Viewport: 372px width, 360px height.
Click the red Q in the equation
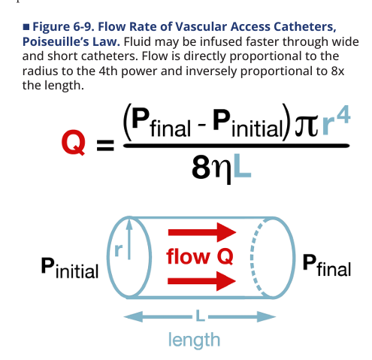73,142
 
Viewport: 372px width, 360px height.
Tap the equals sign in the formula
105,146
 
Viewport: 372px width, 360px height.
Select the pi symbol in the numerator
306,127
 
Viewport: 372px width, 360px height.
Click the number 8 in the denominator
201,168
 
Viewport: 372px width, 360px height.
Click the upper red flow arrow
202,232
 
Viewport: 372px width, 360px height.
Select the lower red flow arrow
201,281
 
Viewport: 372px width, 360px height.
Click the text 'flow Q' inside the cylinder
200,256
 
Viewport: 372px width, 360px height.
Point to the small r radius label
118,250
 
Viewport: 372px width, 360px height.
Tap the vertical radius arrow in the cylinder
129,239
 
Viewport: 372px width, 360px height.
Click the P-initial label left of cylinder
70,268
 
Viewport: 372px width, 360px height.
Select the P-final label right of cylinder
326,265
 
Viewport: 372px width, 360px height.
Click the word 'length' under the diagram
194,340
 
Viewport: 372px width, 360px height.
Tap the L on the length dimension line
200,316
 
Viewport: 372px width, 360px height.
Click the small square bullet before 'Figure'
26,27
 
